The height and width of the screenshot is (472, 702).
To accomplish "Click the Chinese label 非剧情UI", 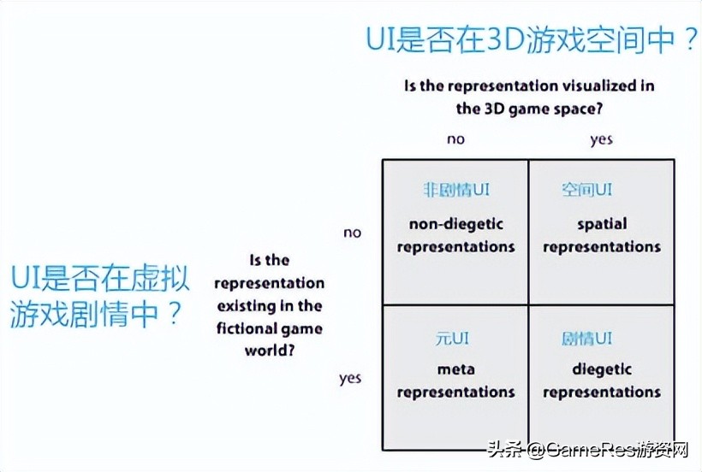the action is coord(456,190).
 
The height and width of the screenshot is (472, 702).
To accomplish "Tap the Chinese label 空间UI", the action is coord(586,190).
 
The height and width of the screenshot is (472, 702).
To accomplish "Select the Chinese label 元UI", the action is coord(452,339).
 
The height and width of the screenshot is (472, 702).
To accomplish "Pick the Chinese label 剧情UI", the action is coord(586,339).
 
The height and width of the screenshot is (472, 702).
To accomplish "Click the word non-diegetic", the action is coord(456,224).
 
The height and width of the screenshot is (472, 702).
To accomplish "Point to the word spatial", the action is coord(602,224).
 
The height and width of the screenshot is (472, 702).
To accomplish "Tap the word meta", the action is coord(455,369).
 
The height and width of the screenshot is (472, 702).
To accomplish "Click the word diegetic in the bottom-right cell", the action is coord(602,369).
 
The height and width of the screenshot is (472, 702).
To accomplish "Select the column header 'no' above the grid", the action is coord(455,139).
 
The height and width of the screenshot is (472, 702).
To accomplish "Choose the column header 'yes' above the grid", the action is coord(601,140).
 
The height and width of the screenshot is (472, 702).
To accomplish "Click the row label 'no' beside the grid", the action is coord(353,233).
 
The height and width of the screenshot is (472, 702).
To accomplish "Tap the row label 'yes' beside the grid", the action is coord(350,379).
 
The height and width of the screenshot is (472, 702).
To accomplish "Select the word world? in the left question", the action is coord(270,351).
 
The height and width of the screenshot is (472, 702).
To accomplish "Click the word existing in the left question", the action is coord(247,306).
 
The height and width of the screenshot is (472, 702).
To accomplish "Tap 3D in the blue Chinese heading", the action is coord(505,39).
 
